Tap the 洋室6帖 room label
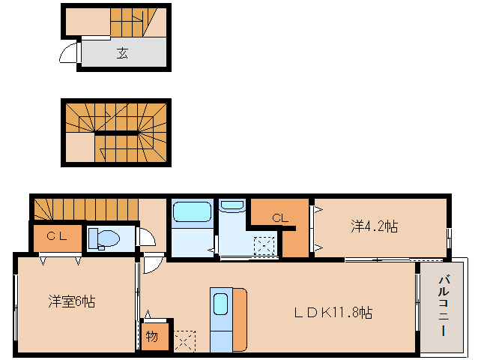pos(72,301)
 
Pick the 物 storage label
pos(152,337)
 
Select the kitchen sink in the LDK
pos(221,304)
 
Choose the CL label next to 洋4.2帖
pos(279,218)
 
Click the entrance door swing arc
pos(69,54)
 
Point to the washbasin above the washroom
pos(232,205)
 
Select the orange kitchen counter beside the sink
pos(240,319)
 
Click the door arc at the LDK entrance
pos(153,265)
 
